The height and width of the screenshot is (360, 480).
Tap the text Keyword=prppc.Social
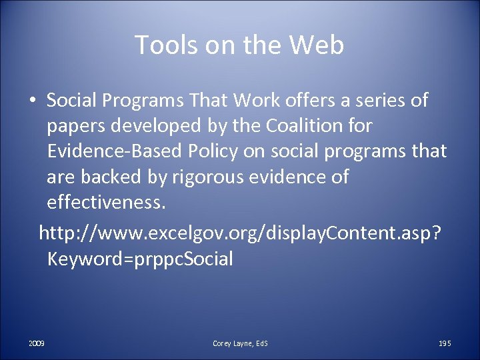(x=140, y=258)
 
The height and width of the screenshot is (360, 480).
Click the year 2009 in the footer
(x=37, y=343)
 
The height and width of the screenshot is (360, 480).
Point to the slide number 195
(x=445, y=343)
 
